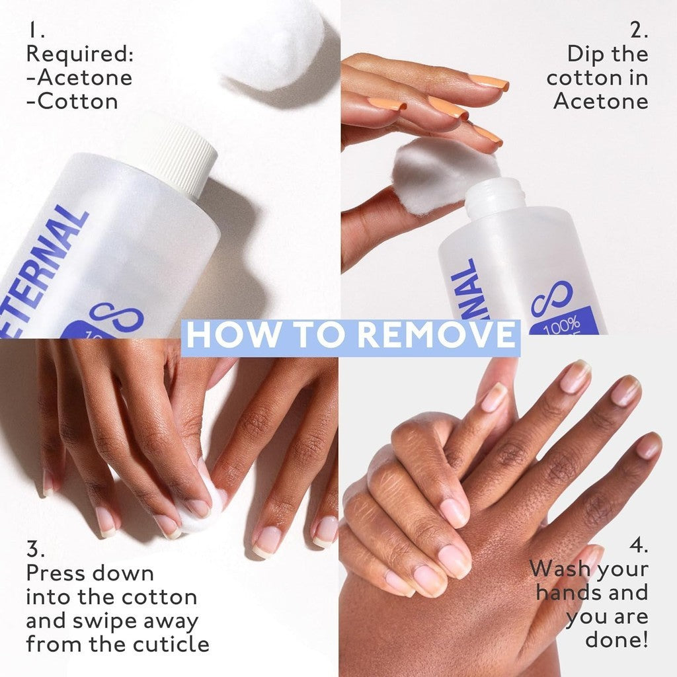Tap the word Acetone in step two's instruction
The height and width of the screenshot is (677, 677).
(x=600, y=101)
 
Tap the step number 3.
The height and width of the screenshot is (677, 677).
(x=34, y=549)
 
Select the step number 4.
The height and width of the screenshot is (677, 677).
(x=639, y=547)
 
